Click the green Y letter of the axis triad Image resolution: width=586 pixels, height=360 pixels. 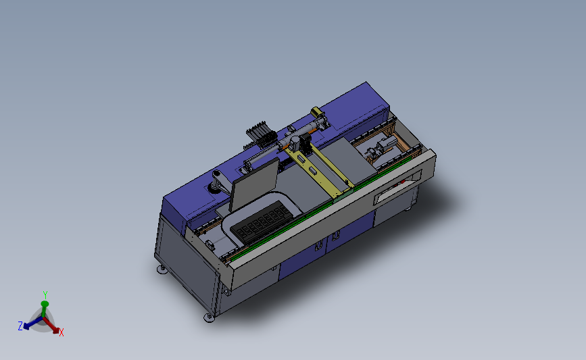coord(45,294)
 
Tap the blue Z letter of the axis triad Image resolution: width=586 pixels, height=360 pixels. coord(20,326)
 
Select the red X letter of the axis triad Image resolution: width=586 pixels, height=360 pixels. coord(62,332)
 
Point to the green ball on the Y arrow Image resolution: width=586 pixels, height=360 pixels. coord(45,305)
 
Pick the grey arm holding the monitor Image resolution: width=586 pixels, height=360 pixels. coord(219,181)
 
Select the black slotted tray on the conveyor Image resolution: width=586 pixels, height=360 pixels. coord(260,223)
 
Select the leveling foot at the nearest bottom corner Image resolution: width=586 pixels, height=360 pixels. coord(209,316)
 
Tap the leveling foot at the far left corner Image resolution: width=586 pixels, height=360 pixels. coord(162,269)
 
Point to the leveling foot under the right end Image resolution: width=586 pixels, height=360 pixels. coord(410,209)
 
